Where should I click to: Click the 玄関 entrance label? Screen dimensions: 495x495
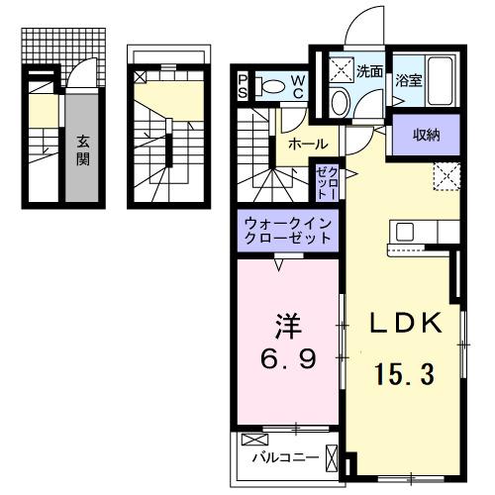[x=82, y=149]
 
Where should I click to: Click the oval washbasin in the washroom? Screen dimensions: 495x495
[x=339, y=102]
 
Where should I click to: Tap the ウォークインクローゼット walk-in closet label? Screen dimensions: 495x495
[x=286, y=233]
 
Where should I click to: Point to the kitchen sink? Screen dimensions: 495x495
[x=407, y=234]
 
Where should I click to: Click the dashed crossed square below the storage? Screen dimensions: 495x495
[x=445, y=177]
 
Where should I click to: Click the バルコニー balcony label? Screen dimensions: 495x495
[x=284, y=458]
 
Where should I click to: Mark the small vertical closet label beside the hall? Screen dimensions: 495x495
[x=327, y=184]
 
